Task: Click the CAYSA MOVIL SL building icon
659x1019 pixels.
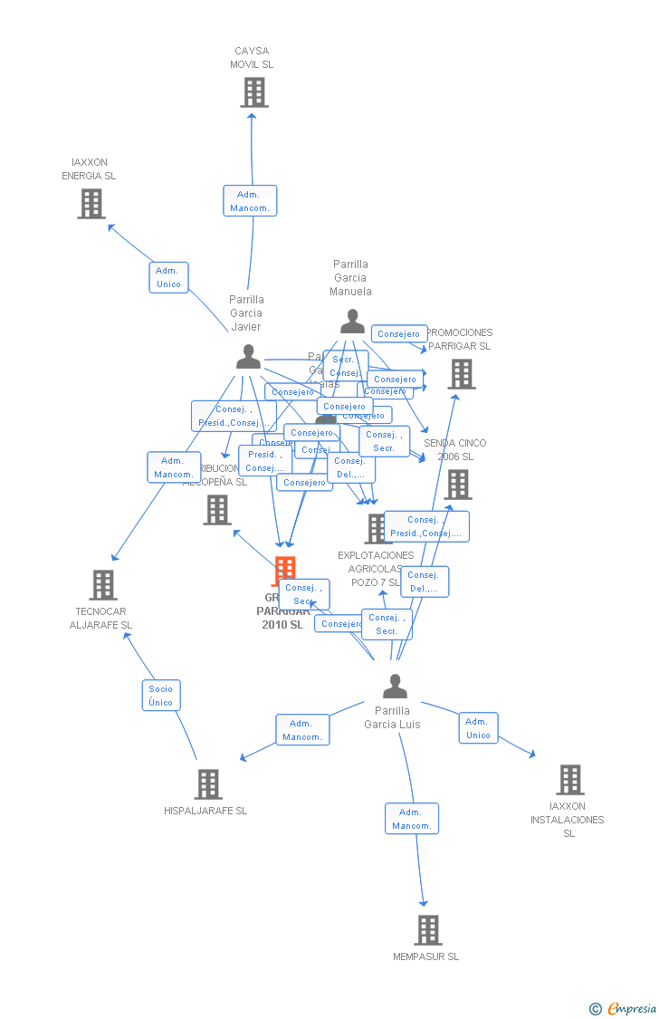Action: (254, 92)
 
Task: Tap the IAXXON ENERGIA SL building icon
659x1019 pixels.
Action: (91, 204)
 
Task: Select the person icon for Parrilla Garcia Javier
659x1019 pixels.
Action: (248, 357)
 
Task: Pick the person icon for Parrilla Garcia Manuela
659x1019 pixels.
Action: (352, 321)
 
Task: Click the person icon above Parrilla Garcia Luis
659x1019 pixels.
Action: (395, 687)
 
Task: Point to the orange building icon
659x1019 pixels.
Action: (285, 570)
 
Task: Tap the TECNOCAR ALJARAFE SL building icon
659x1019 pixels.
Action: (103, 585)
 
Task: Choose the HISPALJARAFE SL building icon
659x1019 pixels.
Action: (208, 784)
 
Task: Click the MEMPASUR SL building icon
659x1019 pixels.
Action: (427, 930)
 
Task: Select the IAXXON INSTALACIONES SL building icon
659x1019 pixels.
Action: (569, 780)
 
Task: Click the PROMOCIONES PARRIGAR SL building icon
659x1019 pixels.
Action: (462, 374)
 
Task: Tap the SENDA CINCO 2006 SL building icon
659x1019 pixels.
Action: (458, 485)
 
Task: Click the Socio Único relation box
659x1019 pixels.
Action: (161, 696)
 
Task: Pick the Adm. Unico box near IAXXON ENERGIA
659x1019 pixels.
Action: (168, 277)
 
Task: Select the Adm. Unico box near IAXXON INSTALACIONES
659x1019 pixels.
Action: (478, 728)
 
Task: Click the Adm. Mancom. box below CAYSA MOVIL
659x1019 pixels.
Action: (249, 201)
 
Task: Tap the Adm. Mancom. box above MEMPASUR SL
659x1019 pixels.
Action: (412, 819)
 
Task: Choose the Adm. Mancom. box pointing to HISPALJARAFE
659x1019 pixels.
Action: (302, 730)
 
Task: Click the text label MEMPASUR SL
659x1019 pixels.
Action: (426, 957)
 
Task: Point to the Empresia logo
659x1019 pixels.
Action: (624, 1008)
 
